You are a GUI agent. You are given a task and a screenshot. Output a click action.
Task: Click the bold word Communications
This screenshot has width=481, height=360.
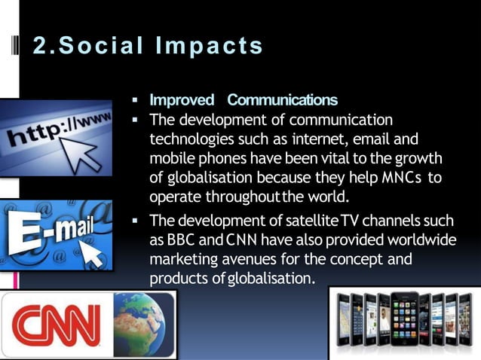point(283,100)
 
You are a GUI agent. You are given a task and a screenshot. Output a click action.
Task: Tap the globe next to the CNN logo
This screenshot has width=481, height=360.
point(143,321)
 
